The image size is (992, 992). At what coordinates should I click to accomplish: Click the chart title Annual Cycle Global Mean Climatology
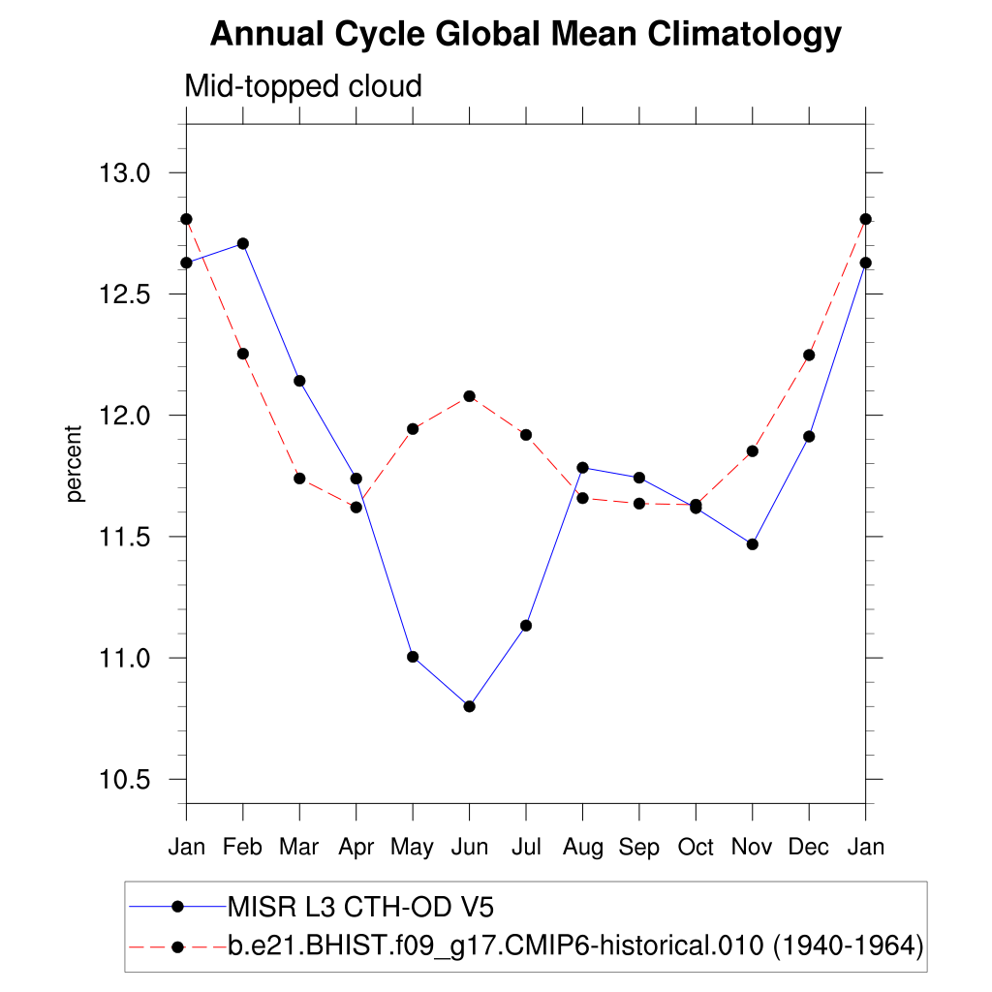pos(525,35)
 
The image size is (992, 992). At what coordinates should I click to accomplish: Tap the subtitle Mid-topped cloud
pos(303,87)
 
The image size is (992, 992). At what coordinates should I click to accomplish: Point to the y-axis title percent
pos(75,464)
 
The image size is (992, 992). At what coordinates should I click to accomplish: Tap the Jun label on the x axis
pos(469,848)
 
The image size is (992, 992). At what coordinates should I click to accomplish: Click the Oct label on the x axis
pos(696,848)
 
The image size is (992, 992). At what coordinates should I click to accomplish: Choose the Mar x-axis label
pos(298,848)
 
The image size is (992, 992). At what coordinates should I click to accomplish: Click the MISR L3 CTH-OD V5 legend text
pos(360,907)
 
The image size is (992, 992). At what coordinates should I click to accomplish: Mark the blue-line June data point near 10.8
pos(469,706)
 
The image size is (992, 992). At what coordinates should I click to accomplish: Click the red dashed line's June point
pos(469,396)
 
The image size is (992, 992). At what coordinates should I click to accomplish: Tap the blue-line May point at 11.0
pos(413,657)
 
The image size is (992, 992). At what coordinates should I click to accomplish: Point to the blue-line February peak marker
pos(243,243)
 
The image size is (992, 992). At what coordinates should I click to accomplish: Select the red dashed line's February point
pos(243,354)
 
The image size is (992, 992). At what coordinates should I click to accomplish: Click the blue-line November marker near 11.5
pos(753,544)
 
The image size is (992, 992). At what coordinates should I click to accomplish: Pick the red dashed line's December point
pos(809,356)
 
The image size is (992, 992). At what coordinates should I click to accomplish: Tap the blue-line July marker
pos(526,626)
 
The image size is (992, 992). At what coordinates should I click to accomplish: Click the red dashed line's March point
pos(299,479)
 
